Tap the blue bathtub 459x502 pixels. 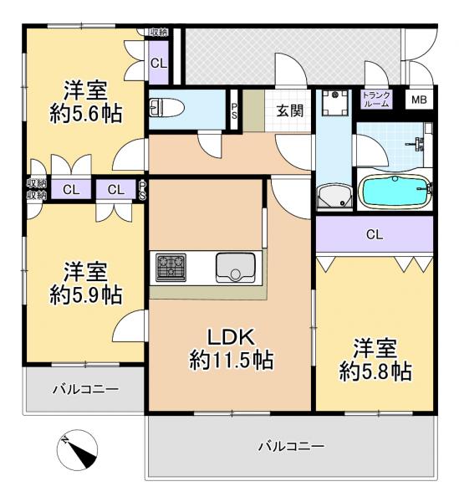click(395, 189)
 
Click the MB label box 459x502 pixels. click(418, 100)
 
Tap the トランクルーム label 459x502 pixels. click(375, 100)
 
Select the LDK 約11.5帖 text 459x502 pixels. click(231, 350)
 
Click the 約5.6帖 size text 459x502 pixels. click(86, 115)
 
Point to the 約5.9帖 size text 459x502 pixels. click(85, 295)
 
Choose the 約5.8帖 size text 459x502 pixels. click(375, 371)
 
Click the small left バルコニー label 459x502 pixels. click(86, 389)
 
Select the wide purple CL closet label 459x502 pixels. click(375, 234)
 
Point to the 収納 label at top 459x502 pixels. click(158, 32)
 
